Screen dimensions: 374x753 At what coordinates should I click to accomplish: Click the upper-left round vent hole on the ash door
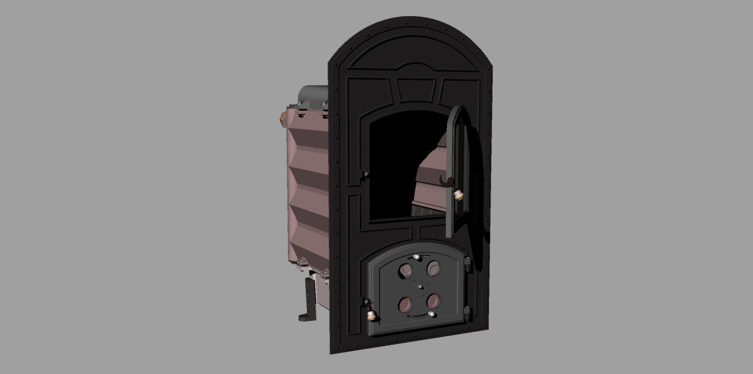(407, 270)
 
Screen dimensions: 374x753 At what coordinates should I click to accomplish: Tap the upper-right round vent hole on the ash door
(434, 266)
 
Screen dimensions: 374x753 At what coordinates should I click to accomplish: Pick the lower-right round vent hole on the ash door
(433, 300)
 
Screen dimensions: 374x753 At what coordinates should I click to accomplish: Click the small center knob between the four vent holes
(420, 285)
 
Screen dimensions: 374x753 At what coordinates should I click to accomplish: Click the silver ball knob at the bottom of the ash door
(431, 314)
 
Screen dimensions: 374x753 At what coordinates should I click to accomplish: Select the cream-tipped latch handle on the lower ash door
(370, 313)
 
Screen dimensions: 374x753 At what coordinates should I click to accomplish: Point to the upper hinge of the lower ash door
(467, 263)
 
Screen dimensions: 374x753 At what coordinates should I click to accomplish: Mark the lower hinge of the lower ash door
(467, 312)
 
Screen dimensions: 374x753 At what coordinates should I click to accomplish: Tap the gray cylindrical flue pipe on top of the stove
(314, 95)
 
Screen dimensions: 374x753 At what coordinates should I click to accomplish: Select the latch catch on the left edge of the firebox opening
(362, 174)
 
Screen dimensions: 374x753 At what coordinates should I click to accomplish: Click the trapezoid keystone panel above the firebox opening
(416, 90)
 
